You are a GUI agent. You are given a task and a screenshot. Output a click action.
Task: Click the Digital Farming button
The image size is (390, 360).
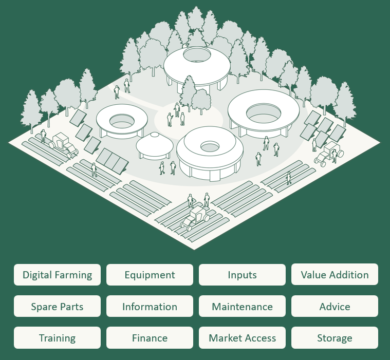(x=57, y=275)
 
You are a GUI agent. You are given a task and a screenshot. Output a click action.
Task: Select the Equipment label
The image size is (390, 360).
(x=150, y=275)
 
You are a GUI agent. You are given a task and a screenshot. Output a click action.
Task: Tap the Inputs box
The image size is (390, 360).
(x=242, y=275)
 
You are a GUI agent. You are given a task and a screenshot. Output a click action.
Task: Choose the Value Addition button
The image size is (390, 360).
(x=335, y=275)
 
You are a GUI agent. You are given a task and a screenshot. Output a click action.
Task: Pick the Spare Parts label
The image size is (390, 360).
(x=57, y=307)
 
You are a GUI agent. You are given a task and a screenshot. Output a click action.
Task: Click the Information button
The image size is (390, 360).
(x=150, y=307)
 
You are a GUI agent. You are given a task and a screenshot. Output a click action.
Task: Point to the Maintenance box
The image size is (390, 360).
(x=242, y=307)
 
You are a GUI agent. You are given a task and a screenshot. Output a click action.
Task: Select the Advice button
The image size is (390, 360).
(x=335, y=307)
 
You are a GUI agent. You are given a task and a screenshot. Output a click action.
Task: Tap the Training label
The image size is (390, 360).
(x=57, y=338)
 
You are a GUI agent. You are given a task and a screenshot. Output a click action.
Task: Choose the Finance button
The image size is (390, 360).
(x=150, y=338)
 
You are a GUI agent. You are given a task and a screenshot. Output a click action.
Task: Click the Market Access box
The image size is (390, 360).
(x=242, y=338)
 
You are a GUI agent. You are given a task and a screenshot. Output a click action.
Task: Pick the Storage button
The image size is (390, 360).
(x=335, y=338)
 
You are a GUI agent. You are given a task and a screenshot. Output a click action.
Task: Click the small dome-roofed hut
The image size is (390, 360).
(x=154, y=145)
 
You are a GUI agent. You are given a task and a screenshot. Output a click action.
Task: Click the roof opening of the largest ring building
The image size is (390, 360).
(x=262, y=110)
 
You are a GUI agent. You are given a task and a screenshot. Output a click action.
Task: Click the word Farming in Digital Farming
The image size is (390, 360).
(x=75, y=275)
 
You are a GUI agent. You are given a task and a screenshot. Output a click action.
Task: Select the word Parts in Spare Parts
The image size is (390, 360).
(x=70, y=307)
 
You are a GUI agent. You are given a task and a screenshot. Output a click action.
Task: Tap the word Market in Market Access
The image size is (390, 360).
(x=225, y=338)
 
